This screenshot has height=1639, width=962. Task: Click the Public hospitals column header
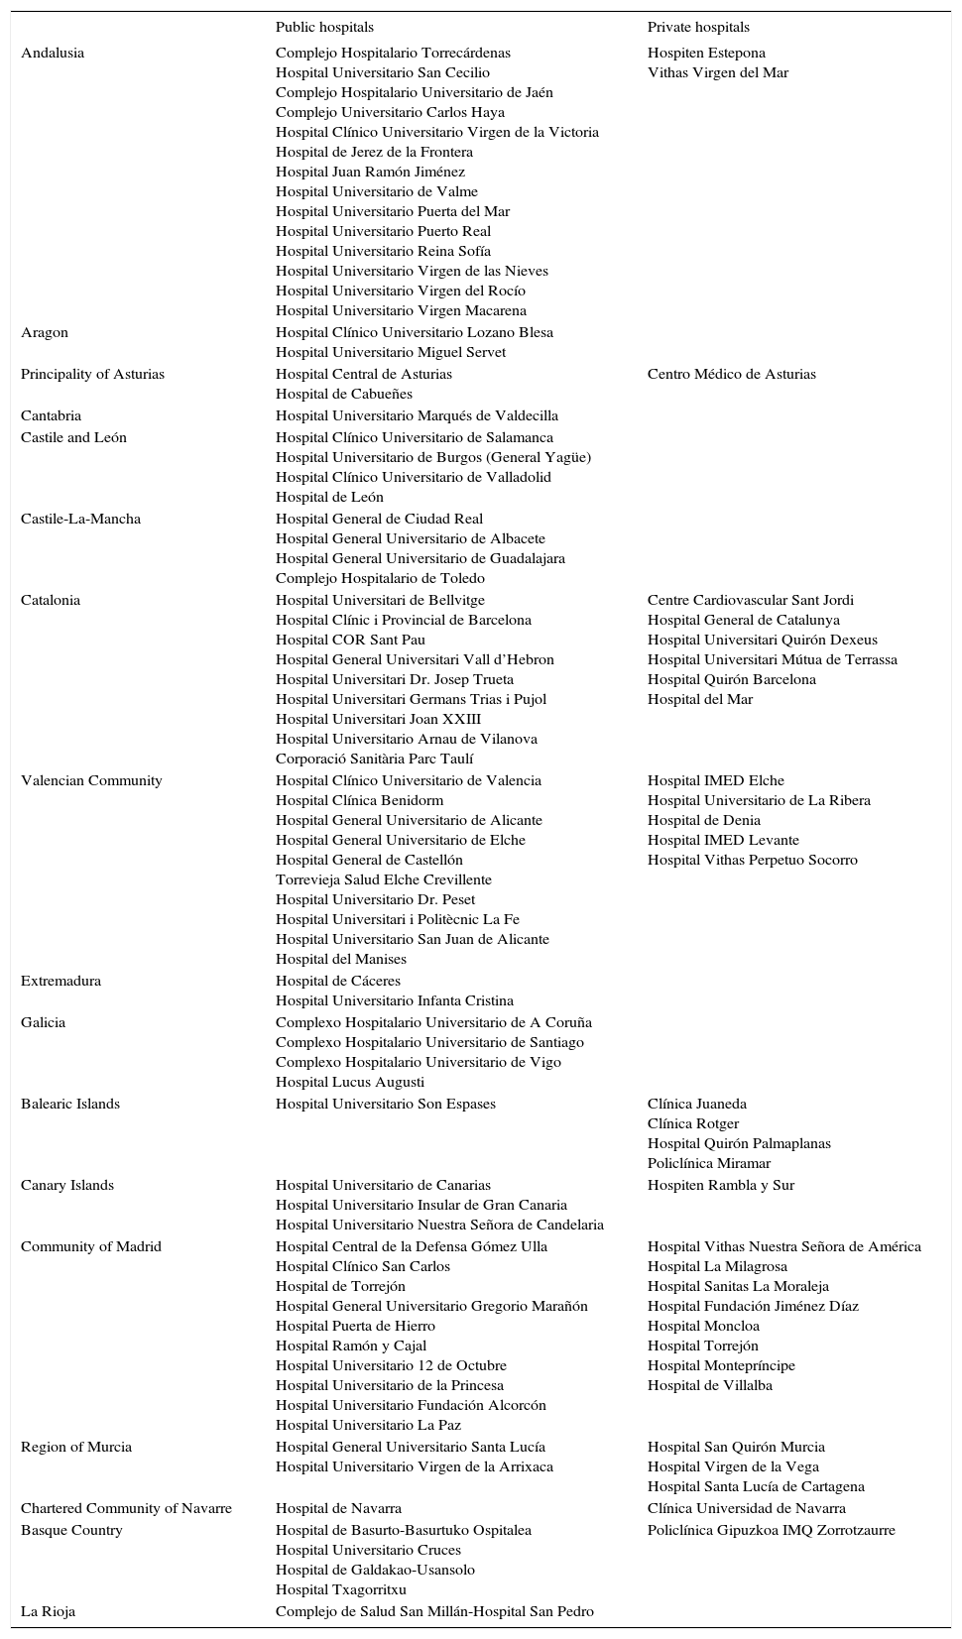pyautogui.click(x=324, y=28)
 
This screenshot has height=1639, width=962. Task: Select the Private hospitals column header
pyautogui.click(x=698, y=28)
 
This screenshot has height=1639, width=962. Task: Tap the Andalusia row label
pyautogui.click(x=53, y=54)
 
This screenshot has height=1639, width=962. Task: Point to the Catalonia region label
pyautogui.click(x=51, y=601)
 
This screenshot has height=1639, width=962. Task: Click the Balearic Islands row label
pyautogui.click(x=70, y=1105)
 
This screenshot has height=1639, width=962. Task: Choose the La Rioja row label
pyautogui.click(x=48, y=1612)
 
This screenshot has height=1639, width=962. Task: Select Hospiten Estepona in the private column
pyautogui.click(x=706, y=54)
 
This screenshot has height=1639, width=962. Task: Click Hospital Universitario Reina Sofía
pyautogui.click(x=383, y=252)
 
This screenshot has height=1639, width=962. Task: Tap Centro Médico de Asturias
pyautogui.click(x=732, y=375)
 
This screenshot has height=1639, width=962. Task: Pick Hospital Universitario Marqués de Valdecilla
pyautogui.click(x=417, y=416)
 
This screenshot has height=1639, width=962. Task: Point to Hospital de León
pyautogui.click(x=329, y=498)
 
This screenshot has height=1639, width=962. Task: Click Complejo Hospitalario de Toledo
pyautogui.click(x=380, y=579)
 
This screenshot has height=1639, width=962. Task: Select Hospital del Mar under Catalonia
pyautogui.click(x=700, y=700)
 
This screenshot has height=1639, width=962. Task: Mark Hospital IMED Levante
pyautogui.click(x=723, y=841)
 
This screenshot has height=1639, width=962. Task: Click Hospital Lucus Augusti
pyautogui.click(x=350, y=1083)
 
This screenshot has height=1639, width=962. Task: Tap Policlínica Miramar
pyautogui.click(x=709, y=1164)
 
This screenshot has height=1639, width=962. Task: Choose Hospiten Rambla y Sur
pyautogui.click(x=721, y=1186)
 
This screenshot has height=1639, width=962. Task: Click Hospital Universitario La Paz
pyautogui.click(x=368, y=1426)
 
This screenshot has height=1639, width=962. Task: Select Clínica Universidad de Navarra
pyautogui.click(x=747, y=1509)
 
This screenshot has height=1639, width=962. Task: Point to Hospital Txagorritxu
pyautogui.click(x=341, y=1590)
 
